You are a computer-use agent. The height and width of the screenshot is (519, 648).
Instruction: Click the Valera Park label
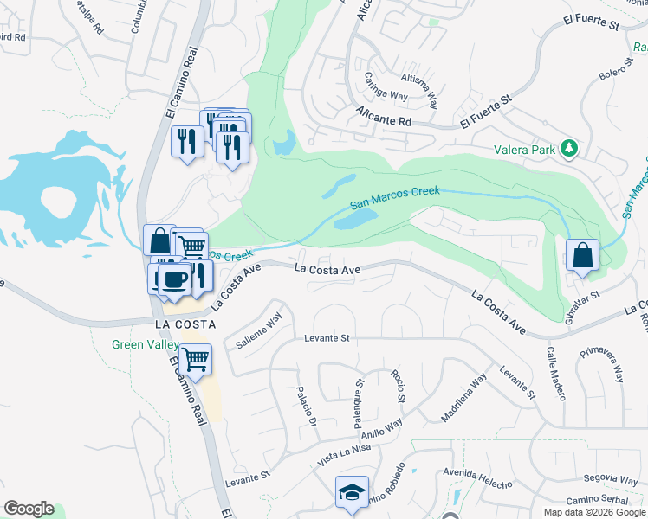coord(524,150)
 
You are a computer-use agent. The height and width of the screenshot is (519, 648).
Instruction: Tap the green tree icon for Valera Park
coord(569,149)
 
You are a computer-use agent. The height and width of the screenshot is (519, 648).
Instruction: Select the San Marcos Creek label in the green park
coord(395,198)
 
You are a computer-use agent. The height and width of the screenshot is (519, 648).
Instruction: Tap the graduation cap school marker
coord(352,491)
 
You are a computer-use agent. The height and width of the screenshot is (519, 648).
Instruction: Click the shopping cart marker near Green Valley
coord(196,357)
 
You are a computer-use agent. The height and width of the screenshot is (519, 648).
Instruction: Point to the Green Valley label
coord(145,344)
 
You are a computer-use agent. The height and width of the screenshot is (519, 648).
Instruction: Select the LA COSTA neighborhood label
coord(185,324)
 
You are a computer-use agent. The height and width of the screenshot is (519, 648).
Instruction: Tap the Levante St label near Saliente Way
coord(326,338)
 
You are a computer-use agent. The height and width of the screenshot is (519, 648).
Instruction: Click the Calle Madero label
coord(555,374)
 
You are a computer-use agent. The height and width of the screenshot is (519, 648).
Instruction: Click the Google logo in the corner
coord(29,509)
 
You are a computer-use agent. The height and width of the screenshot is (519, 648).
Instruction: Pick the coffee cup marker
coord(176,279)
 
